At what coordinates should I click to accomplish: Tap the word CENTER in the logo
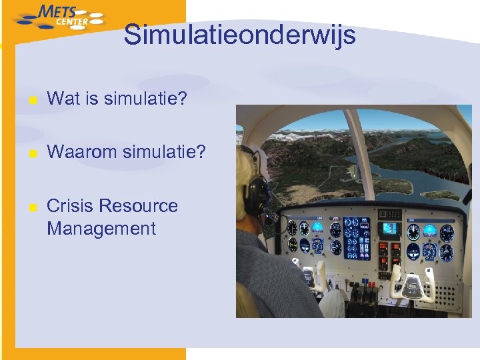point(72,22)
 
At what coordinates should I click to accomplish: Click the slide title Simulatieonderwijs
point(239,35)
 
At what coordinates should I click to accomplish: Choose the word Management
point(101,229)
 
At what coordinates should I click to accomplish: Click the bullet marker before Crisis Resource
point(33,207)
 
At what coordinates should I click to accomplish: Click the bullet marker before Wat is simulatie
point(33,101)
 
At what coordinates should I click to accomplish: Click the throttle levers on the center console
point(363,293)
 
